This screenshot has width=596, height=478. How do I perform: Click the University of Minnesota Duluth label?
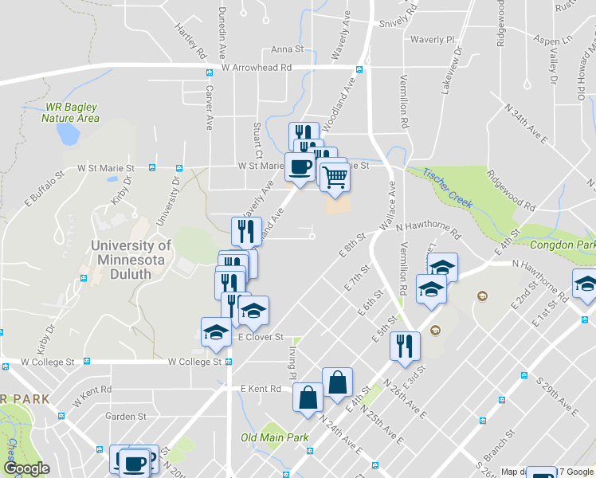click(131, 259)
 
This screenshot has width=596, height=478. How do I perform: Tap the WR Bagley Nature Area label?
click(71, 112)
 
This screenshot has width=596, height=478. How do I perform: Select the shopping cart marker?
click(335, 177)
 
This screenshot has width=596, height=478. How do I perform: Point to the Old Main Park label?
click(275, 437)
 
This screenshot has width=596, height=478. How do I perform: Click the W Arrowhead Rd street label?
click(256, 68)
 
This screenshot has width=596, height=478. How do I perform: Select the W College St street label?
click(194, 362)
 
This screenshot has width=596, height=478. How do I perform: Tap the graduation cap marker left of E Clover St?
click(215, 332)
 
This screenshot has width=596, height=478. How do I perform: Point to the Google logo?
click(26, 468)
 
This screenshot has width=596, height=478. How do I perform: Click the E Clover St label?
click(261, 337)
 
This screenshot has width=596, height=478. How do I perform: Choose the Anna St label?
click(287, 49)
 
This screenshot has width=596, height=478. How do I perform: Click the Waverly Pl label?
click(432, 39)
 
